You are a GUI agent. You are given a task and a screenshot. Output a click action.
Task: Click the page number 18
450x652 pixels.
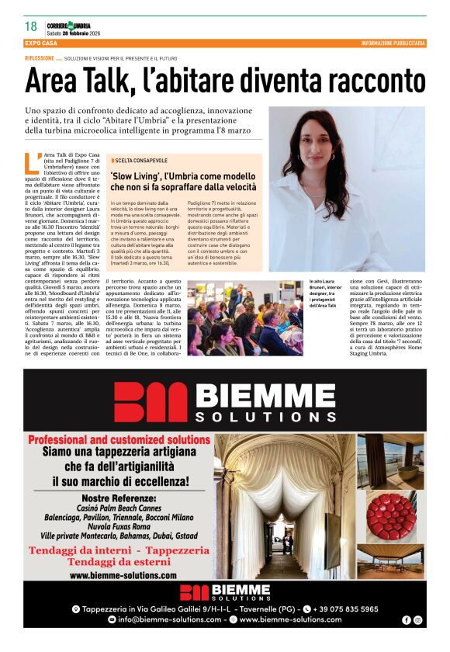point(31,26)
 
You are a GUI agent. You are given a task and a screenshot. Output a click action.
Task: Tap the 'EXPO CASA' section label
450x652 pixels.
point(40,43)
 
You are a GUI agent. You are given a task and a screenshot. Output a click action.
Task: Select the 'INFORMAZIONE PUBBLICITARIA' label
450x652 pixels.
point(393,43)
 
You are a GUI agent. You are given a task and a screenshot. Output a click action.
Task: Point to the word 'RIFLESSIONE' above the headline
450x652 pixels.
point(40,59)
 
